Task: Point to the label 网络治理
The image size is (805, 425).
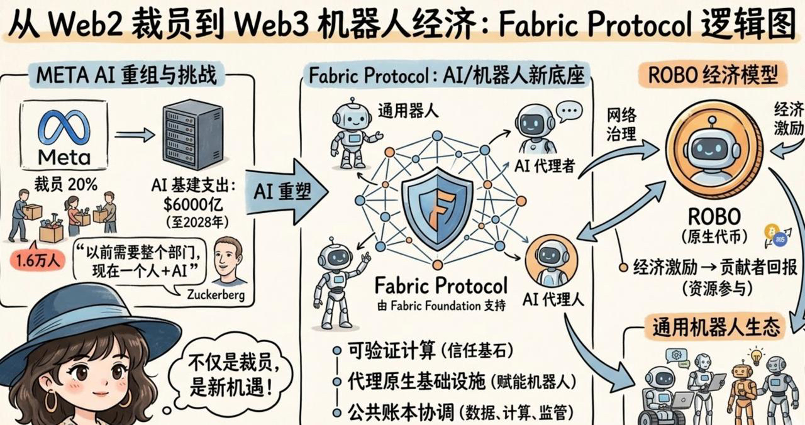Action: point(621,124)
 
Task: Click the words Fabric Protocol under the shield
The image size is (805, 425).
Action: point(440,286)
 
